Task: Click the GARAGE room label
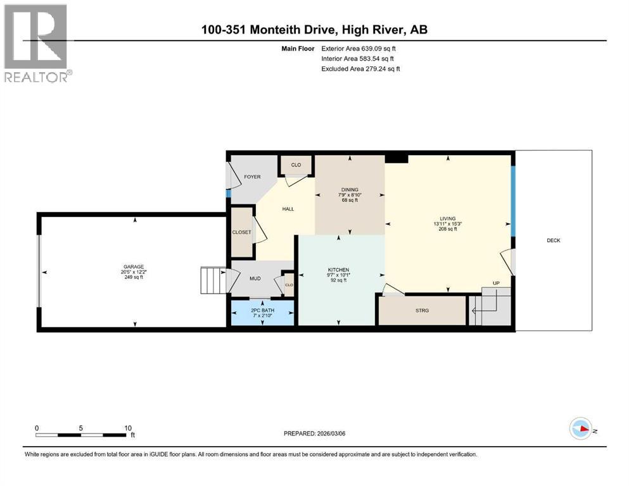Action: point(133,266)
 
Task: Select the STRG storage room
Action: point(422,310)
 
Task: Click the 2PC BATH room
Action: point(262,311)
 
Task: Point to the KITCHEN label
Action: point(340,270)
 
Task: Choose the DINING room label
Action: point(349,189)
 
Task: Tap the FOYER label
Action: point(253,177)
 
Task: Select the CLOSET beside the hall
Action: point(241,232)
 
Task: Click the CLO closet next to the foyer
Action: point(296,165)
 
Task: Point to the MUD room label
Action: point(254,278)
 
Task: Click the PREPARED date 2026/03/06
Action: point(317,433)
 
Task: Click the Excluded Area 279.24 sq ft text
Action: point(361,68)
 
